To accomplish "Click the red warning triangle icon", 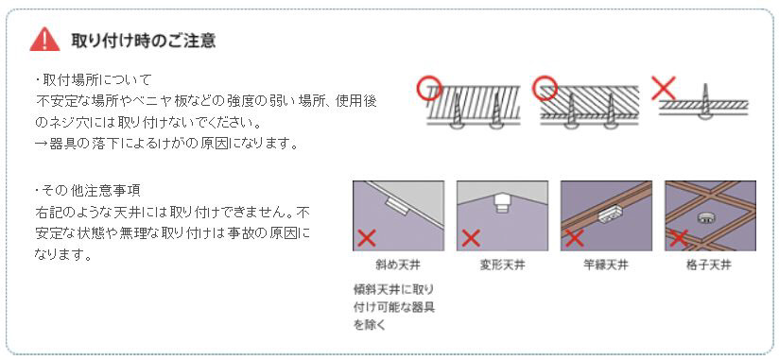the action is pos(44,40).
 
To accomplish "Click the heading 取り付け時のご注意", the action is pos(144,40).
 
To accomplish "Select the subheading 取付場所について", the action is pos(93,79).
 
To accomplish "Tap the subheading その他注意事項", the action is pos(88,190).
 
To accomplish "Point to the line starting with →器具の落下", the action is pos(166,144).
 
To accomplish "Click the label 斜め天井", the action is pos(398,266).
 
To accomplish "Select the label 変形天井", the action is pos(502,266).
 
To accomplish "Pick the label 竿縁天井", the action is pos(606,266).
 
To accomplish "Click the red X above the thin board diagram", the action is pos(664,89).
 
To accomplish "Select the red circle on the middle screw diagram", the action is pos(545,88).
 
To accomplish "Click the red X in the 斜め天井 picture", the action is pos(367,238).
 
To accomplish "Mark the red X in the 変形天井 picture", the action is pos(471,238).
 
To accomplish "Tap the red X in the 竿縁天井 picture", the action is pos(574,238).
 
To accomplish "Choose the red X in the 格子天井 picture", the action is pos(678,238).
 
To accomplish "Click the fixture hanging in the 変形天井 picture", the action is pos(501,203).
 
